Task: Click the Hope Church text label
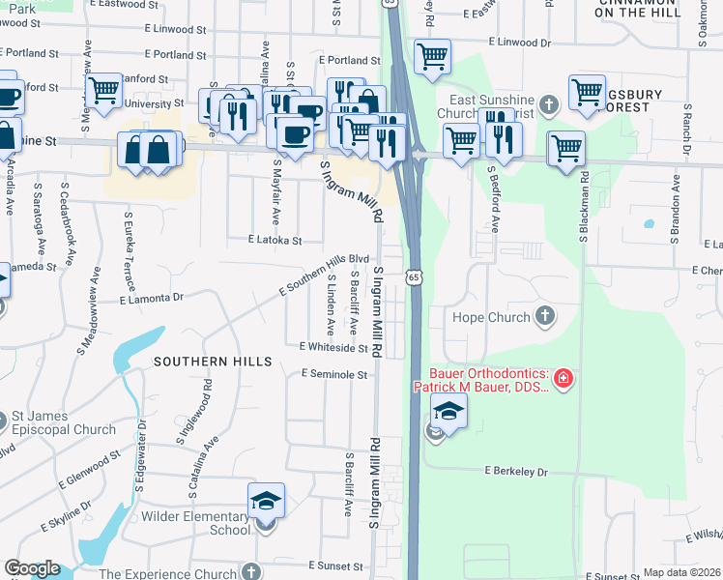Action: pyautogui.click(x=491, y=317)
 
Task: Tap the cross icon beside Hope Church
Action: pyautogui.click(x=545, y=316)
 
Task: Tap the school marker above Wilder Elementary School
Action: pyautogui.click(x=266, y=502)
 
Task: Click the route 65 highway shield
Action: pyautogui.click(x=414, y=277)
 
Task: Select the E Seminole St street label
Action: pyautogui.click(x=335, y=374)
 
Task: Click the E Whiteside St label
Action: pyautogui.click(x=333, y=346)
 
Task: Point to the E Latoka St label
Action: pyautogui.click(x=275, y=240)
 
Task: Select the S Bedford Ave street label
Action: pyautogui.click(x=493, y=199)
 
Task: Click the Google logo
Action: pyautogui.click(x=32, y=568)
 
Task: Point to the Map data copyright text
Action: pyautogui.click(x=682, y=572)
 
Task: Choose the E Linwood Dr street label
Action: pyautogui.click(x=518, y=43)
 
